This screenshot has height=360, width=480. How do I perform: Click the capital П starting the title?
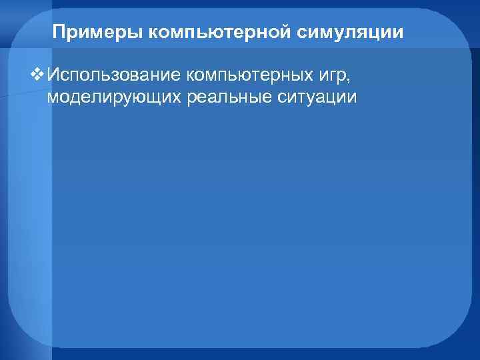pyautogui.click(x=58, y=32)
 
